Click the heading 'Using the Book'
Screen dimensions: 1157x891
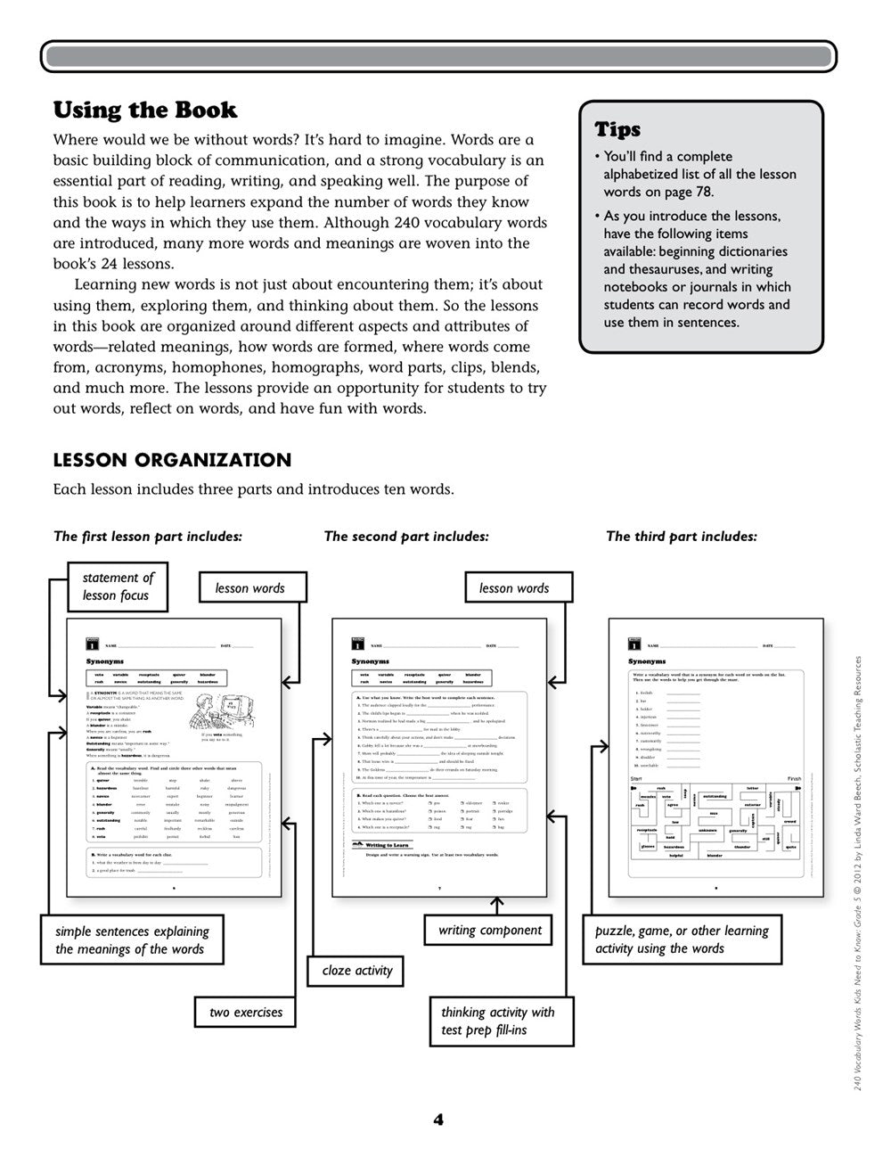(145, 111)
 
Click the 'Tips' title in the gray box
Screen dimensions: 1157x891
(617, 129)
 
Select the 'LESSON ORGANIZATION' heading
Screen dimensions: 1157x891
(172, 460)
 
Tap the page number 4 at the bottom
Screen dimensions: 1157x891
(438, 1120)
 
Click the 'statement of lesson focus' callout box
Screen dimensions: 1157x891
(119, 587)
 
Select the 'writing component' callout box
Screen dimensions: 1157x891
(490, 931)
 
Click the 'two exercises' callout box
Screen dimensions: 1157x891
(246, 1013)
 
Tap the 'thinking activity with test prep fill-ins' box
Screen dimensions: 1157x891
(497, 1021)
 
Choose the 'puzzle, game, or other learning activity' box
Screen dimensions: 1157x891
(682, 940)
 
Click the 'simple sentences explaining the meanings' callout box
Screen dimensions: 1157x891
(132, 940)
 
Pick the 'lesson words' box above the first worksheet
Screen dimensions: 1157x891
(249, 588)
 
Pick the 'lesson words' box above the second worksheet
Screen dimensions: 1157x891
(514, 588)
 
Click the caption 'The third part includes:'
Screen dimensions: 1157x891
(682, 537)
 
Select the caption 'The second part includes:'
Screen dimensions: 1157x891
(406, 537)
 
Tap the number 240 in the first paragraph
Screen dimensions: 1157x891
(411, 223)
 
